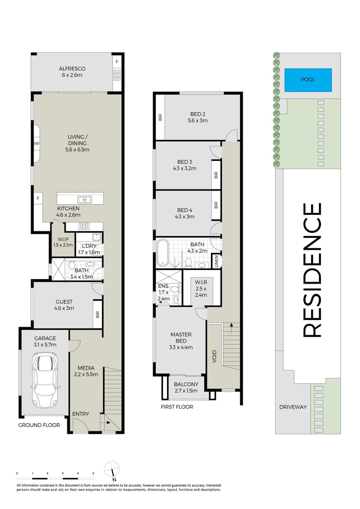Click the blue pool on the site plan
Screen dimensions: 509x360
pyautogui.click(x=308, y=79)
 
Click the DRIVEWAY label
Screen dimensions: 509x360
pyautogui.click(x=293, y=407)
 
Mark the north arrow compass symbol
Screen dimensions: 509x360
pyautogui.click(x=112, y=470)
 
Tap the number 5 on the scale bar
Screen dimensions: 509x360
pyautogui.click(x=93, y=473)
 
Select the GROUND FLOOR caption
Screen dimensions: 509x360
pyautogui.click(x=39, y=425)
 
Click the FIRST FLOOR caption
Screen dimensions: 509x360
pyautogui.click(x=177, y=407)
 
